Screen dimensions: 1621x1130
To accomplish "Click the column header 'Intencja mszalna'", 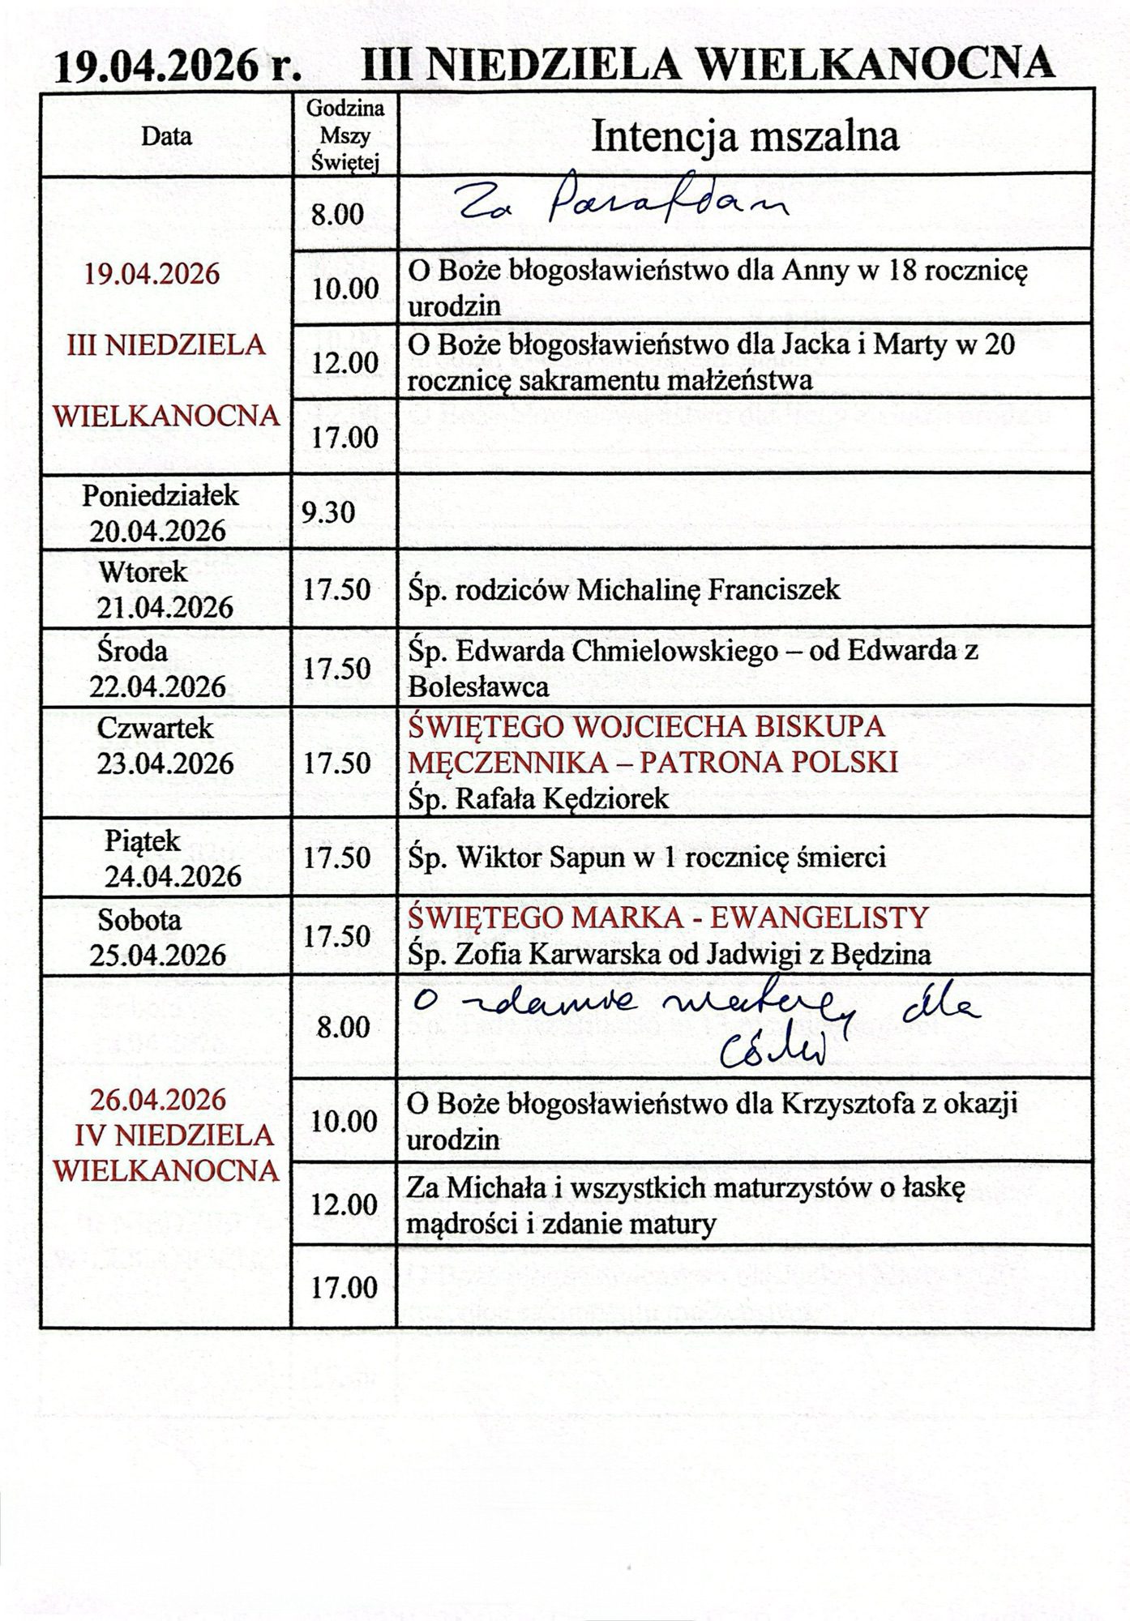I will tap(745, 137).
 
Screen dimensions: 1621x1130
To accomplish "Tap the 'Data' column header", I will tap(166, 136).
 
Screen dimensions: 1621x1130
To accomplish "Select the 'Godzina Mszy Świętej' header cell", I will tap(345, 135).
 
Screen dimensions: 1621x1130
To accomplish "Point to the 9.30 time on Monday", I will tap(328, 512).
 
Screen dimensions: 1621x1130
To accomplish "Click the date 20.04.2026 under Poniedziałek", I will tap(157, 532).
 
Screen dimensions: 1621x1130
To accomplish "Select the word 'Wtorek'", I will tap(143, 572).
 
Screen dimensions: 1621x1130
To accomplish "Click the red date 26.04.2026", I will tap(158, 1100).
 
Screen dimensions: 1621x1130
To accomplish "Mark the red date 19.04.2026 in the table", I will tap(152, 274).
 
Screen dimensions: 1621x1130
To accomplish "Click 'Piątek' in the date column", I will tap(143, 841).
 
